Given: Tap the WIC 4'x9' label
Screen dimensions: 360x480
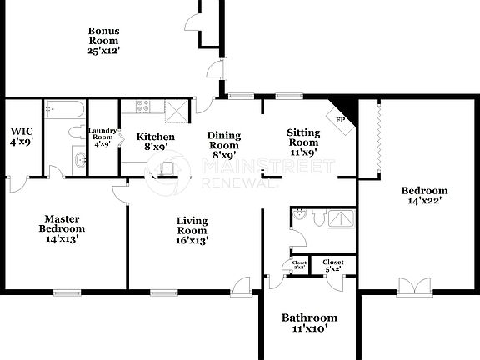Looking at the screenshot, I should (22, 137).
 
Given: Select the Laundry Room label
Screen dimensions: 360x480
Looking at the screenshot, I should (103, 137).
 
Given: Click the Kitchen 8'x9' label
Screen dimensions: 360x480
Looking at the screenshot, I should (156, 142).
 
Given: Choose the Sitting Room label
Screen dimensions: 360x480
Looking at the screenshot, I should (302, 142).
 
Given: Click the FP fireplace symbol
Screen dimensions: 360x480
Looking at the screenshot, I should (341, 119).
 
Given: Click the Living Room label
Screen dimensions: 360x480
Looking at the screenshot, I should (192, 231).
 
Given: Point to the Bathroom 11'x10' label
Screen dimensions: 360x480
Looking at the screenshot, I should (309, 322).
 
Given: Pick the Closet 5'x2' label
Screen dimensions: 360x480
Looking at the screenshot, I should (333, 265).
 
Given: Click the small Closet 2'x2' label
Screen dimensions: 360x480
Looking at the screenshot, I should (299, 265).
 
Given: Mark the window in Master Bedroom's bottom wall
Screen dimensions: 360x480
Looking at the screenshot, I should (66, 292).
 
